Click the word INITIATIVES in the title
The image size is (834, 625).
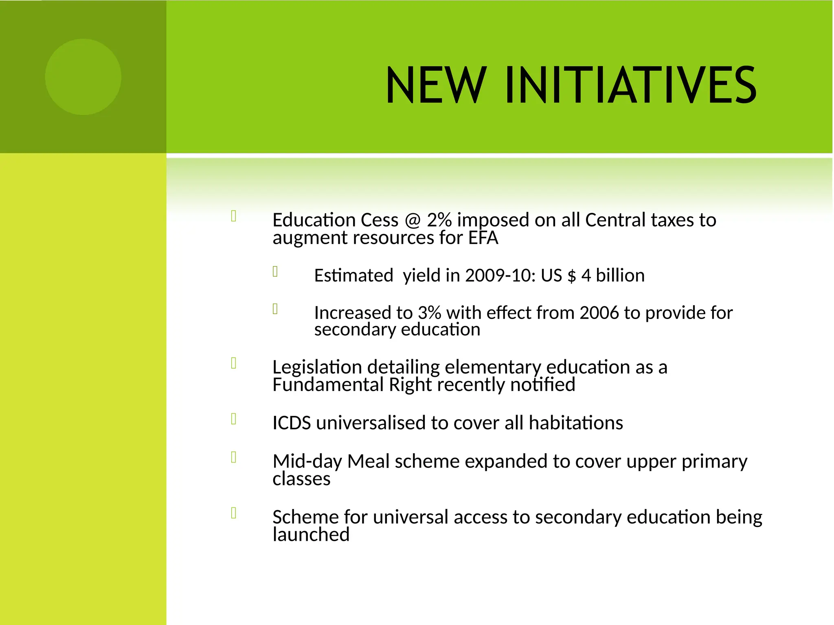coord(630,85)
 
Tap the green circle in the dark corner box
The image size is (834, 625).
coord(83,77)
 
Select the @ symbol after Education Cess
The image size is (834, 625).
coord(413,220)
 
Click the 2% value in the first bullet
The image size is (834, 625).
coord(439,220)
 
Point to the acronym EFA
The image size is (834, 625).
coord(483,238)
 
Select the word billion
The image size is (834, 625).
coord(620,275)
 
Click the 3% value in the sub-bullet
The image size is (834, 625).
coord(429,313)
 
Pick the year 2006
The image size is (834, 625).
coord(599,313)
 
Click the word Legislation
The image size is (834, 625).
coord(317,367)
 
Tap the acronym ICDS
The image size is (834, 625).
coord(292,423)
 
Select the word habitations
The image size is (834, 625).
coord(576,423)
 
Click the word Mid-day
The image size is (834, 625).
coord(307,462)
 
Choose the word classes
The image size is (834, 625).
coord(301,479)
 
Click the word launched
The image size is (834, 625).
coord(311,535)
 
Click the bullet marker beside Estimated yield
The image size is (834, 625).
coord(275,271)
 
